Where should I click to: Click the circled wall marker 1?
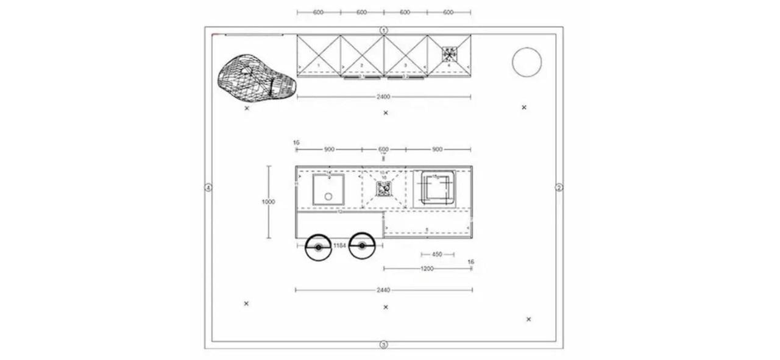click(x=384, y=30)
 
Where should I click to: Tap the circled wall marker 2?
click(x=559, y=188)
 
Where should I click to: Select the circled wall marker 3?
click(x=384, y=345)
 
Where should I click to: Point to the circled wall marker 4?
click(x=208, y=188)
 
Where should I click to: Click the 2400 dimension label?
click(x=383, y=97)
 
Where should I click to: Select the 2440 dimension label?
click(x=383, y=291)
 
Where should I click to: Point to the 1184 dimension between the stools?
click(x=339, y=245)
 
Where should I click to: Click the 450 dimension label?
click(x=437, y=255)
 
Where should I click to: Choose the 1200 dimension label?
click(x=427, y=269)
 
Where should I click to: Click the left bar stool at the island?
click(x=318, y=247)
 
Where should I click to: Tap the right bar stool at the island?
click(x=362, y=246)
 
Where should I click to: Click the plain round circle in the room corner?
click(x=527, y=62)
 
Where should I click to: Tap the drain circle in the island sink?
click(x=328, y=196)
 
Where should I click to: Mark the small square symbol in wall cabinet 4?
click(x=449, y=55)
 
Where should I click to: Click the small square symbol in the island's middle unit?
click(x=383, y=189)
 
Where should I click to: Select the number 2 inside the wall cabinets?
click(x=361, y=65)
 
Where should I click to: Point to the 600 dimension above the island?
click(x=383, y=149)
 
